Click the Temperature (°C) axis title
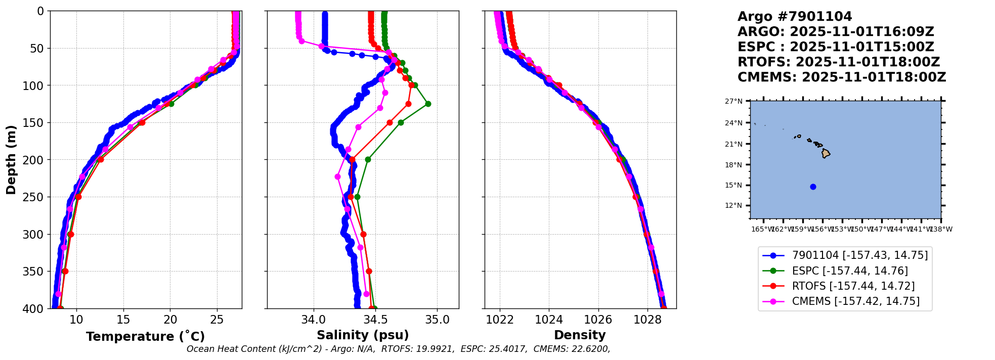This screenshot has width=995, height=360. click(x=145, y=336)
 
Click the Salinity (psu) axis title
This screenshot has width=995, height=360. click(x=363, y=335)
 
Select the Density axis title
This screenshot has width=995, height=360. click(x=580, y=335)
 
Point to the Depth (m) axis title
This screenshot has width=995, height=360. click(x=11, y=160)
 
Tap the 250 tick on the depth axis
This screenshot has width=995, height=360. click(x=37, y=197)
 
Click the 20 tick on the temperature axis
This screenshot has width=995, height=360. click(x=170, y=320)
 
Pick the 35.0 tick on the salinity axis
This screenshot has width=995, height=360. click(x=438, y=320)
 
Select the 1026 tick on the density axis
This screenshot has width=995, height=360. click(x=598, y=320)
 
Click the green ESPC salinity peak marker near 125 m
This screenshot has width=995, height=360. click(x=428, y=104)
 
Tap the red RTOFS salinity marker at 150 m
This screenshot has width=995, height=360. click(x=390, y=122)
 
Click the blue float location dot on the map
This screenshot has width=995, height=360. click(x=813, y=187)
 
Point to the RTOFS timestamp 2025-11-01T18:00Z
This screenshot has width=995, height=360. click(x=868, y=62)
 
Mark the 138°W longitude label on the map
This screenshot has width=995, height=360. click(x=941, y=229)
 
